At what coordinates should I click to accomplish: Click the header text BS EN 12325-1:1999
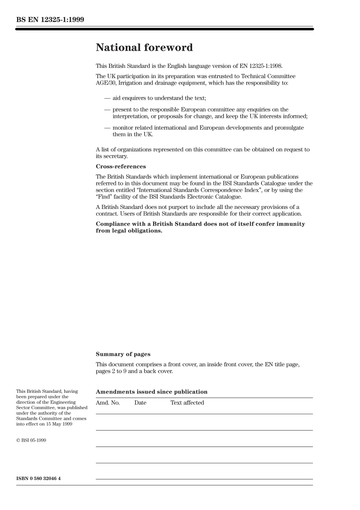coord(50,20)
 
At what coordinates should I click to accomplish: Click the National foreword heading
coord(144,47)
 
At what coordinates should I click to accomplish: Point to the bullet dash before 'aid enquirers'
coord(107,98)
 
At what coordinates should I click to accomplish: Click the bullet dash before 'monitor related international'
coord(107,128)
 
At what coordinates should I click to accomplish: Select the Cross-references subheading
coord(121,166)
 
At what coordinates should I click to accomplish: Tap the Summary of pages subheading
coord(123,354)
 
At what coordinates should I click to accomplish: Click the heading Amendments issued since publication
coord(152,392)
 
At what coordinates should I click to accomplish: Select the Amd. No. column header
coord(108,403)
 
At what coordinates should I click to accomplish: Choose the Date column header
coord(140,403)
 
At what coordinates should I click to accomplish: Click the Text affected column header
coord(187,403)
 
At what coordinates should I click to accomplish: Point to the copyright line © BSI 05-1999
coord(31,440)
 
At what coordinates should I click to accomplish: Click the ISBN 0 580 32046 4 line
coord(38,478)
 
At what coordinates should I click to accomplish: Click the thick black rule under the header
coord(164,29)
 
